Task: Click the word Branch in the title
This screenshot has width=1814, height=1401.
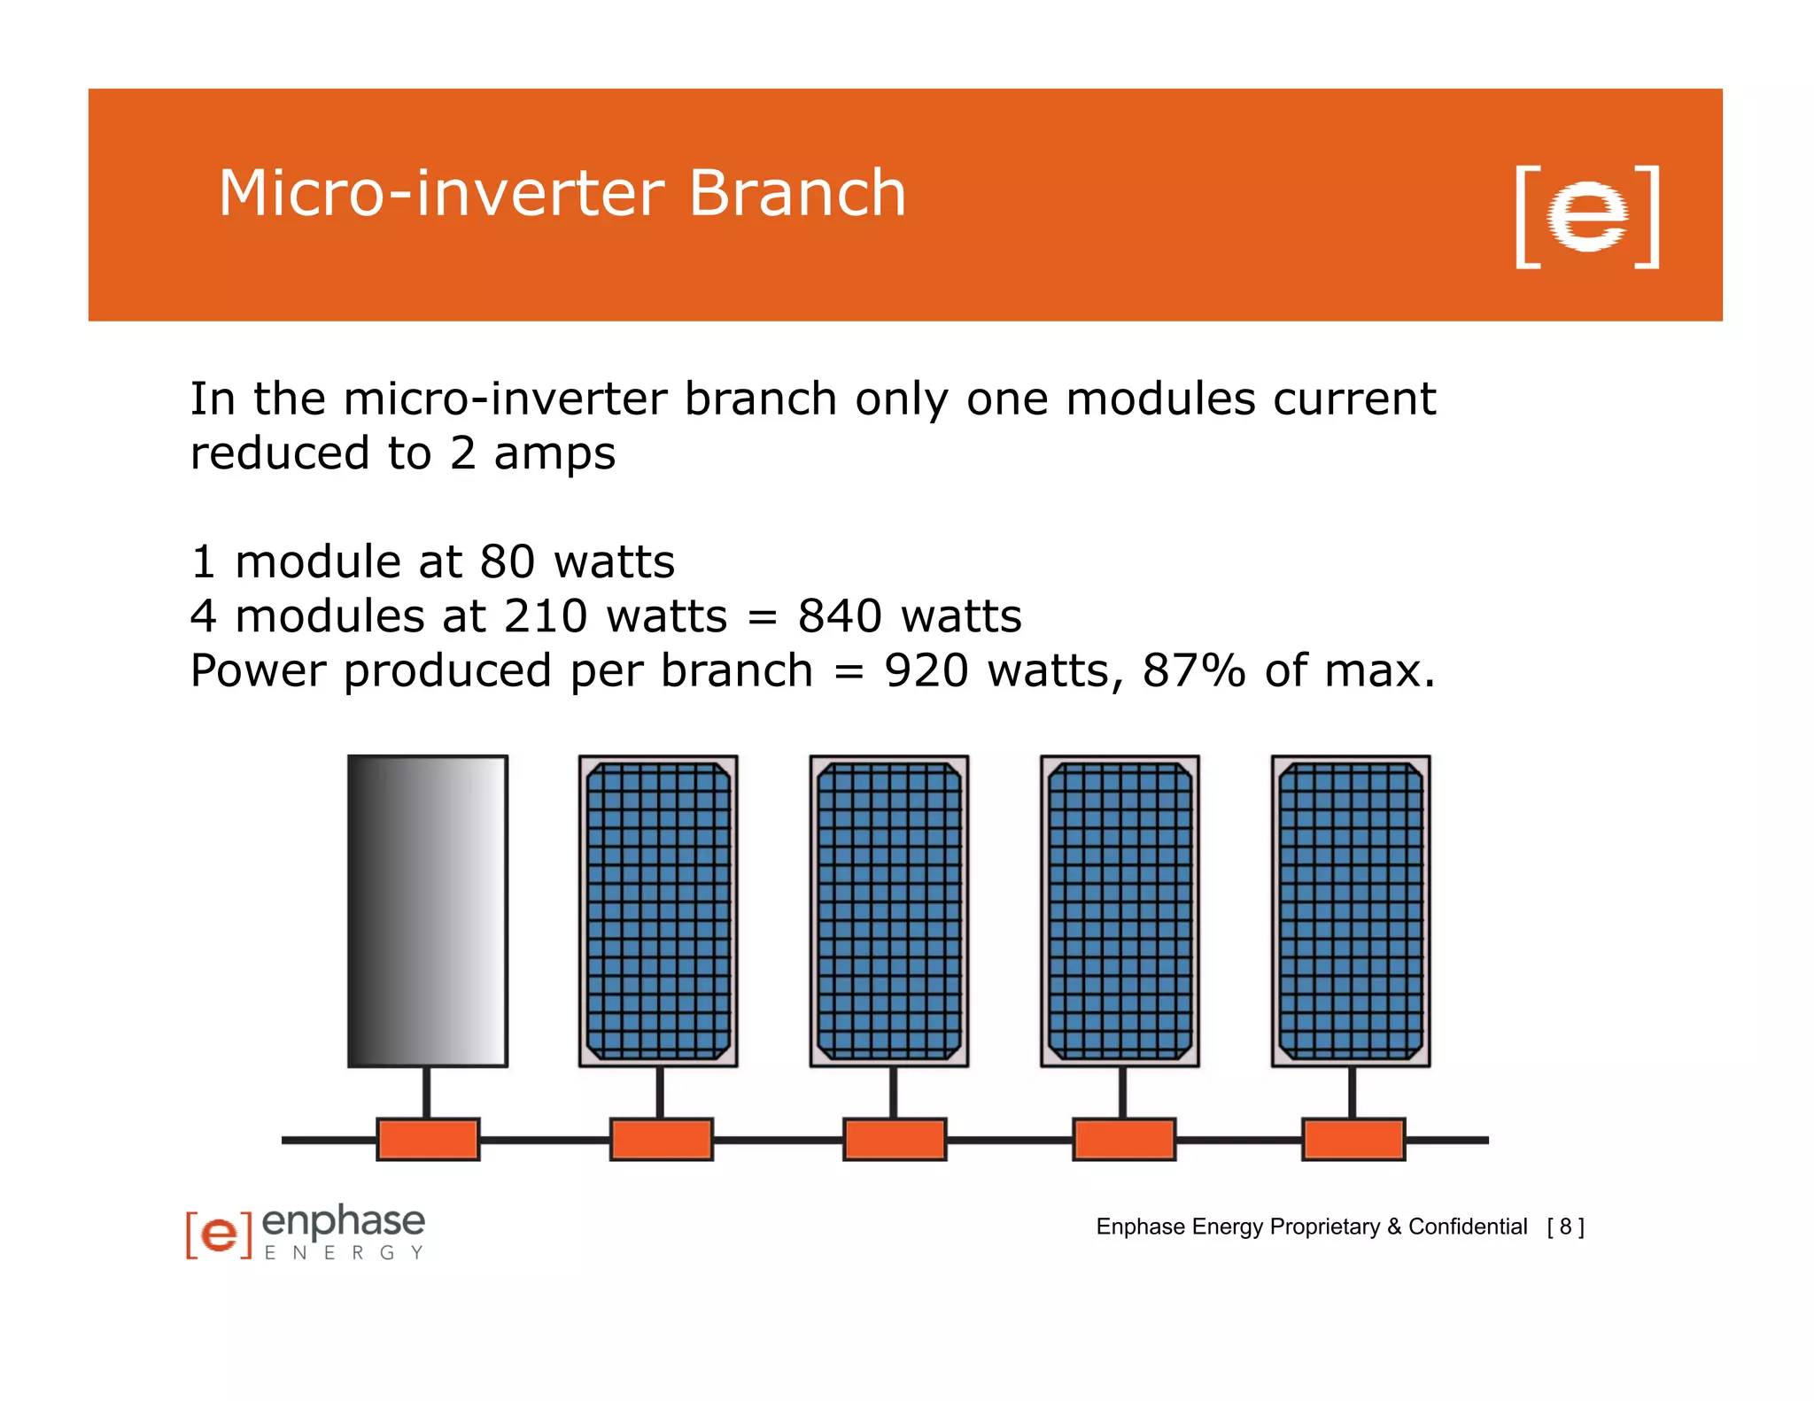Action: [797, 193]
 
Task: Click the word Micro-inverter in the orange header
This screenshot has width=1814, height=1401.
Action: [441, 193]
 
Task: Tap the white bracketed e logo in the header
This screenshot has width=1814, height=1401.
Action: [1586, 216]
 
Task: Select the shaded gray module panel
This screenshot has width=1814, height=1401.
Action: [427, 910]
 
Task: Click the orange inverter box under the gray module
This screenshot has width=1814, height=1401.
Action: [428, 1139]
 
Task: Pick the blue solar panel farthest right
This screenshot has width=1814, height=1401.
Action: [1350, 910]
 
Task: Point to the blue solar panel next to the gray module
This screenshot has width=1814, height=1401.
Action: [658, 910]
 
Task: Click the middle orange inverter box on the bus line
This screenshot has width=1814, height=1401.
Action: [894, 1139]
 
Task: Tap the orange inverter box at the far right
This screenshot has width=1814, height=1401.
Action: [1353, 1139]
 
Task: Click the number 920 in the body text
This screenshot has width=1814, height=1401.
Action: [926, 670]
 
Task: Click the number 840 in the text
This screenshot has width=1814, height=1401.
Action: [839, 616]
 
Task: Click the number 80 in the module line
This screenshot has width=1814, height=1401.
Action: [507, 562]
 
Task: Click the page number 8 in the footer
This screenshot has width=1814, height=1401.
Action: [1565, 1227]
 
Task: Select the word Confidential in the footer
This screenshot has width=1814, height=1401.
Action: [1468, 1227]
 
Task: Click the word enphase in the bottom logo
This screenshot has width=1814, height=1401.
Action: [344, 1222]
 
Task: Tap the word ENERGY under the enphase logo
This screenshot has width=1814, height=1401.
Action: [344, 1253]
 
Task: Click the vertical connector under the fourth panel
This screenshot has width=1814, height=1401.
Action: [1122, 1092]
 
